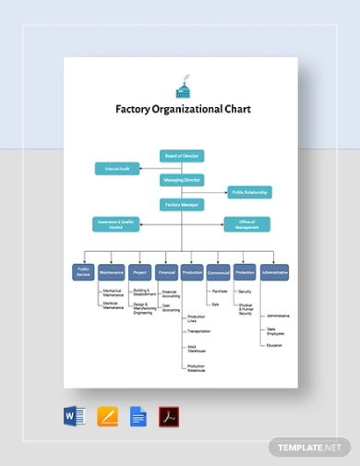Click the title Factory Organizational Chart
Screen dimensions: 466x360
[x=182, y=109]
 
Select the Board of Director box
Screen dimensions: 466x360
[x=182, y=156]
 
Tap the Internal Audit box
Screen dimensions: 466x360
[x=117, y=168]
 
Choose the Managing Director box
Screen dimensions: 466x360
[x=182, y=181]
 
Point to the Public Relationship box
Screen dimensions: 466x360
[x=249, y=193]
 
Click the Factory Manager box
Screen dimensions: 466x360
[x=182, y=205]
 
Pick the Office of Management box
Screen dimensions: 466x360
[x=247, y=224]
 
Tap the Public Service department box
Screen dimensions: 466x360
[x=84, y=272]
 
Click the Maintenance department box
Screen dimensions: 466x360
[x=112, y=272]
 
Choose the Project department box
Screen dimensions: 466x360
[x=139, y=272]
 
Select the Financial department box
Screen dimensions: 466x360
[x=166, y=272]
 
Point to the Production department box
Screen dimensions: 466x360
[x=192, y=272]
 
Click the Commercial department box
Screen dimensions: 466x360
[x=219, y=272]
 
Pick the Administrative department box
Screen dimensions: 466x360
[x=274, y=272]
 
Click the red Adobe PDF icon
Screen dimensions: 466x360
[x=169, y=417]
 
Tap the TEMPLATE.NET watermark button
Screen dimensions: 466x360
[x=310, y=447]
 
